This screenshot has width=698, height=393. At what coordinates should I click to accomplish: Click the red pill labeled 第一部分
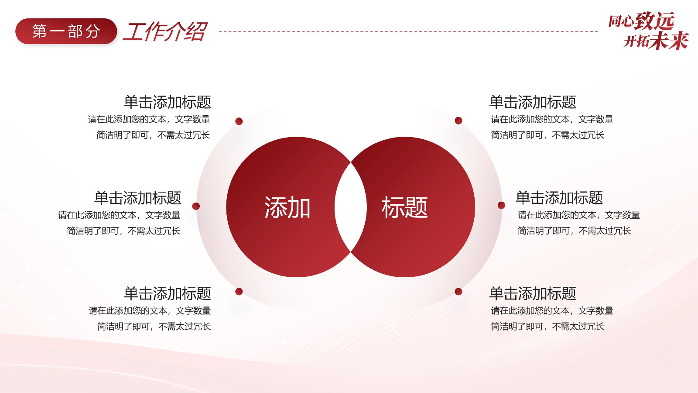[66, 31]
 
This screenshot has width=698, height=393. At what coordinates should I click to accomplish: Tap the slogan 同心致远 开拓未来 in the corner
[648, 31]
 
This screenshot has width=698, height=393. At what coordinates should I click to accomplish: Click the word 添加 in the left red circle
[287, 207]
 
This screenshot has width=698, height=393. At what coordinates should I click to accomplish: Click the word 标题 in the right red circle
[404, 207]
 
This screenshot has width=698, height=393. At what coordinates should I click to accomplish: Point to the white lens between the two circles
[351, 207]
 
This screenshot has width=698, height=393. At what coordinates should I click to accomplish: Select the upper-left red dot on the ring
[239, 121]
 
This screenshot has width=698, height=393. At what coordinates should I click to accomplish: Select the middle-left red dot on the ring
[196, 206]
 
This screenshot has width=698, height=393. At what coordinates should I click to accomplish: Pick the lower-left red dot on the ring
[239, 292]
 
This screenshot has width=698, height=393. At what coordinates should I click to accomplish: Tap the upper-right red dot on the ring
[458, 121]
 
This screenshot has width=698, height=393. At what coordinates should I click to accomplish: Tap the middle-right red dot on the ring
[501, 205]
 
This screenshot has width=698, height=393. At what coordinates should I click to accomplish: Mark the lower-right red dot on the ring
[458, 292]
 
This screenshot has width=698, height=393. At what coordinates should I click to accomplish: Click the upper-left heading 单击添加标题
[168, 102]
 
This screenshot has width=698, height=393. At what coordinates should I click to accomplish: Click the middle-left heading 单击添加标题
[138, 198]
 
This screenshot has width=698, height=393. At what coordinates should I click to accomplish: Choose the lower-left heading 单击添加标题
[168, 293]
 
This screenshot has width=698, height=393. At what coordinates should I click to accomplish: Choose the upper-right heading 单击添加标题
[533, 102]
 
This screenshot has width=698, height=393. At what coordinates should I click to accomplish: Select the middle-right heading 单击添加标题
[559, 198]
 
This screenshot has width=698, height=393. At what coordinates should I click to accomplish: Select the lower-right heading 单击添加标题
[533, 293]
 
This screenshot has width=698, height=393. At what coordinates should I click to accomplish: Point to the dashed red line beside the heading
[410, 31]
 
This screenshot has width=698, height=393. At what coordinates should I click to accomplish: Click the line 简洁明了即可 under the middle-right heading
[544, 231]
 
